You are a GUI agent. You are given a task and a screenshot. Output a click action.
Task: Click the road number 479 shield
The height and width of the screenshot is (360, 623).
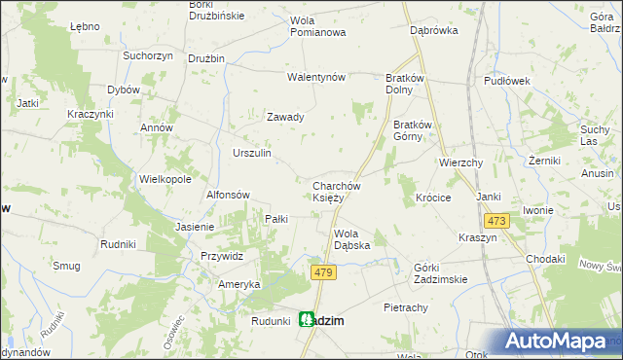pyautogui.click(x=325, y=274)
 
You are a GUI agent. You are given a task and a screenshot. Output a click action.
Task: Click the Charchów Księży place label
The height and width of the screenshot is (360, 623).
pyautogui.click(x=337, y=192)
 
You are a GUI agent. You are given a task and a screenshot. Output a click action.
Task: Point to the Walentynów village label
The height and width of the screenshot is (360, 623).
pyautogui.click(x=316, y=77)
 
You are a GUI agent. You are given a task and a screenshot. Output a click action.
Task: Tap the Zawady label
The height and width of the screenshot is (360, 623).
pyautogui.click(x=286, y=117)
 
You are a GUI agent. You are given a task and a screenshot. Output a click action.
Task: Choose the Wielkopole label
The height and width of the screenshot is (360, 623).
pyautogui.click(x=165, y=180)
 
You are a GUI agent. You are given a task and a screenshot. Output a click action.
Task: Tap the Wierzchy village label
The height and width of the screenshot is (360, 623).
pyautogui.click(x=461, y=162)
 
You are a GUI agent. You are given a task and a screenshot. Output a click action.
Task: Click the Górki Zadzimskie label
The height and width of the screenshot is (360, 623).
pyautogui.click(x=441, y=272)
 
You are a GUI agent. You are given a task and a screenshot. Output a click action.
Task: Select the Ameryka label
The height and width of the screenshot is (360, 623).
pyautogui.click(x=239, y=283)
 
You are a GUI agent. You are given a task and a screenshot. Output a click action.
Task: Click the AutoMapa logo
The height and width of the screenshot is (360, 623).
pyautogui.click(x=558, y=341)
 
